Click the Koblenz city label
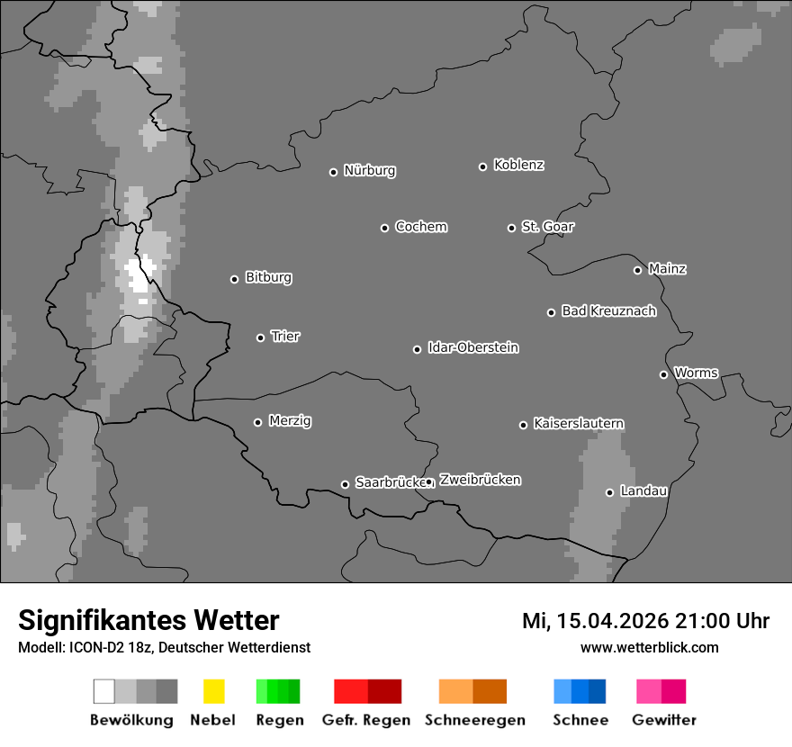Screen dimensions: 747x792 click(518, 166)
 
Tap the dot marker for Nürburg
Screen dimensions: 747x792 click(333, 172)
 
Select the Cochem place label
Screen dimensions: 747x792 click(421, 227)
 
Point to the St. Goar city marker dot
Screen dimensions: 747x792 click(511, 228)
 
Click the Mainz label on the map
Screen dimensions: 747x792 click(667, 269)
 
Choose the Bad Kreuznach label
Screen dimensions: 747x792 click(608, 311)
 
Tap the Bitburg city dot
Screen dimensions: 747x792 click(234, 279)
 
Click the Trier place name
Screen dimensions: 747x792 click(285, 337)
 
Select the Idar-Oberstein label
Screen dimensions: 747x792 click(473, 348)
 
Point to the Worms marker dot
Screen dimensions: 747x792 click(663, 374)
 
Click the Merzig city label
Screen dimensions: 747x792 click(290, 421)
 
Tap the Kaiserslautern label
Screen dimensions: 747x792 click(579, 424)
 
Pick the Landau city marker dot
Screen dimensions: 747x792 click(609, 492)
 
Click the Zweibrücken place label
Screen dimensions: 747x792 click(480, 481)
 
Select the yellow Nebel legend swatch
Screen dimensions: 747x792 click(213, 691)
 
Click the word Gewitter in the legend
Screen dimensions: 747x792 click(664, 720)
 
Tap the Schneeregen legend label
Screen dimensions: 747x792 click(475, 720)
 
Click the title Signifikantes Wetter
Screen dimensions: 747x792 click(148, 621)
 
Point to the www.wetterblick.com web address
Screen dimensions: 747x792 click(650, 648)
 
